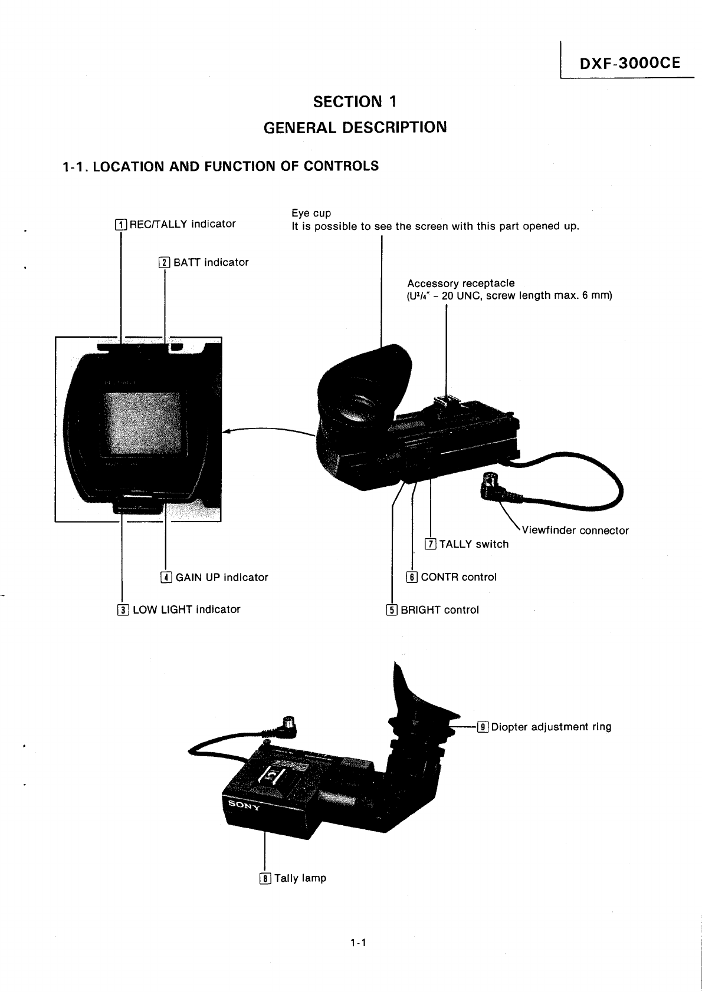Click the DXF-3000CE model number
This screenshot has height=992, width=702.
630,63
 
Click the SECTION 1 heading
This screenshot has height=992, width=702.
355,102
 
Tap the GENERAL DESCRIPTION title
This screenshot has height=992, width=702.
355,127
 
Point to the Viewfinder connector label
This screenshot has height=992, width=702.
575,530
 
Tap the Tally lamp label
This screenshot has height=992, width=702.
300,878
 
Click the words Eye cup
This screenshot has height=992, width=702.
311,213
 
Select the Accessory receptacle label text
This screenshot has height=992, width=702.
461,284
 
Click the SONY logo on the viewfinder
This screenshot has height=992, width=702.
241,805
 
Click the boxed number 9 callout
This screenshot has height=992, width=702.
483,727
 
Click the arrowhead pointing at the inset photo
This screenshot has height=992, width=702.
227,430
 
